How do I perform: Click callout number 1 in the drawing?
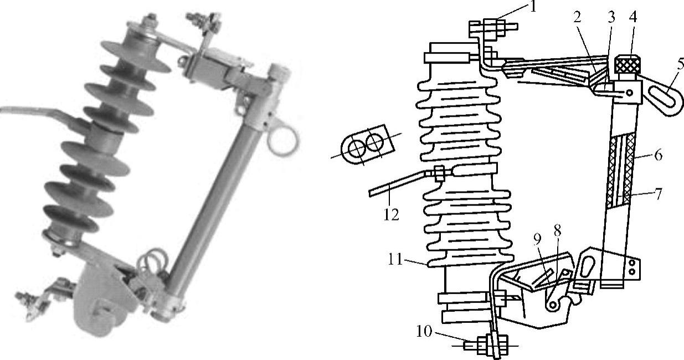pyautogui.click(x=533, y=7)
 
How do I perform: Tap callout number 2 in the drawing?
pyautogui.click(x=577, y=18)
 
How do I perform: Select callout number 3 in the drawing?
pyautogui.click(x=611, y=18)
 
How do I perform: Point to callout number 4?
pyautogui.click(x=633, y=17)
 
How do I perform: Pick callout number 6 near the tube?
pyautogui.click(x=659, y=155)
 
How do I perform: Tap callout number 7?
pyautogui.click(x=659, y=194)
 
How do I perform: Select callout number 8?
pyautogui.click(x=558, y=231)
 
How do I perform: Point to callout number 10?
pyautogui.click(x=424, y=331)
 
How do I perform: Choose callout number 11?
pyautogui.click(x=395, y=260)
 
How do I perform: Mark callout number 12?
pyautogui.click(x=391, y=215)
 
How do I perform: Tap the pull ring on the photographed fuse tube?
pyautogui.click(x=283, y=139)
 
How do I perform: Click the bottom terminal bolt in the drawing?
pyautogui.click(x=486, y=346)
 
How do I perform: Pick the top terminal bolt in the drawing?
pyautogui.click(x=493, y=29)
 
